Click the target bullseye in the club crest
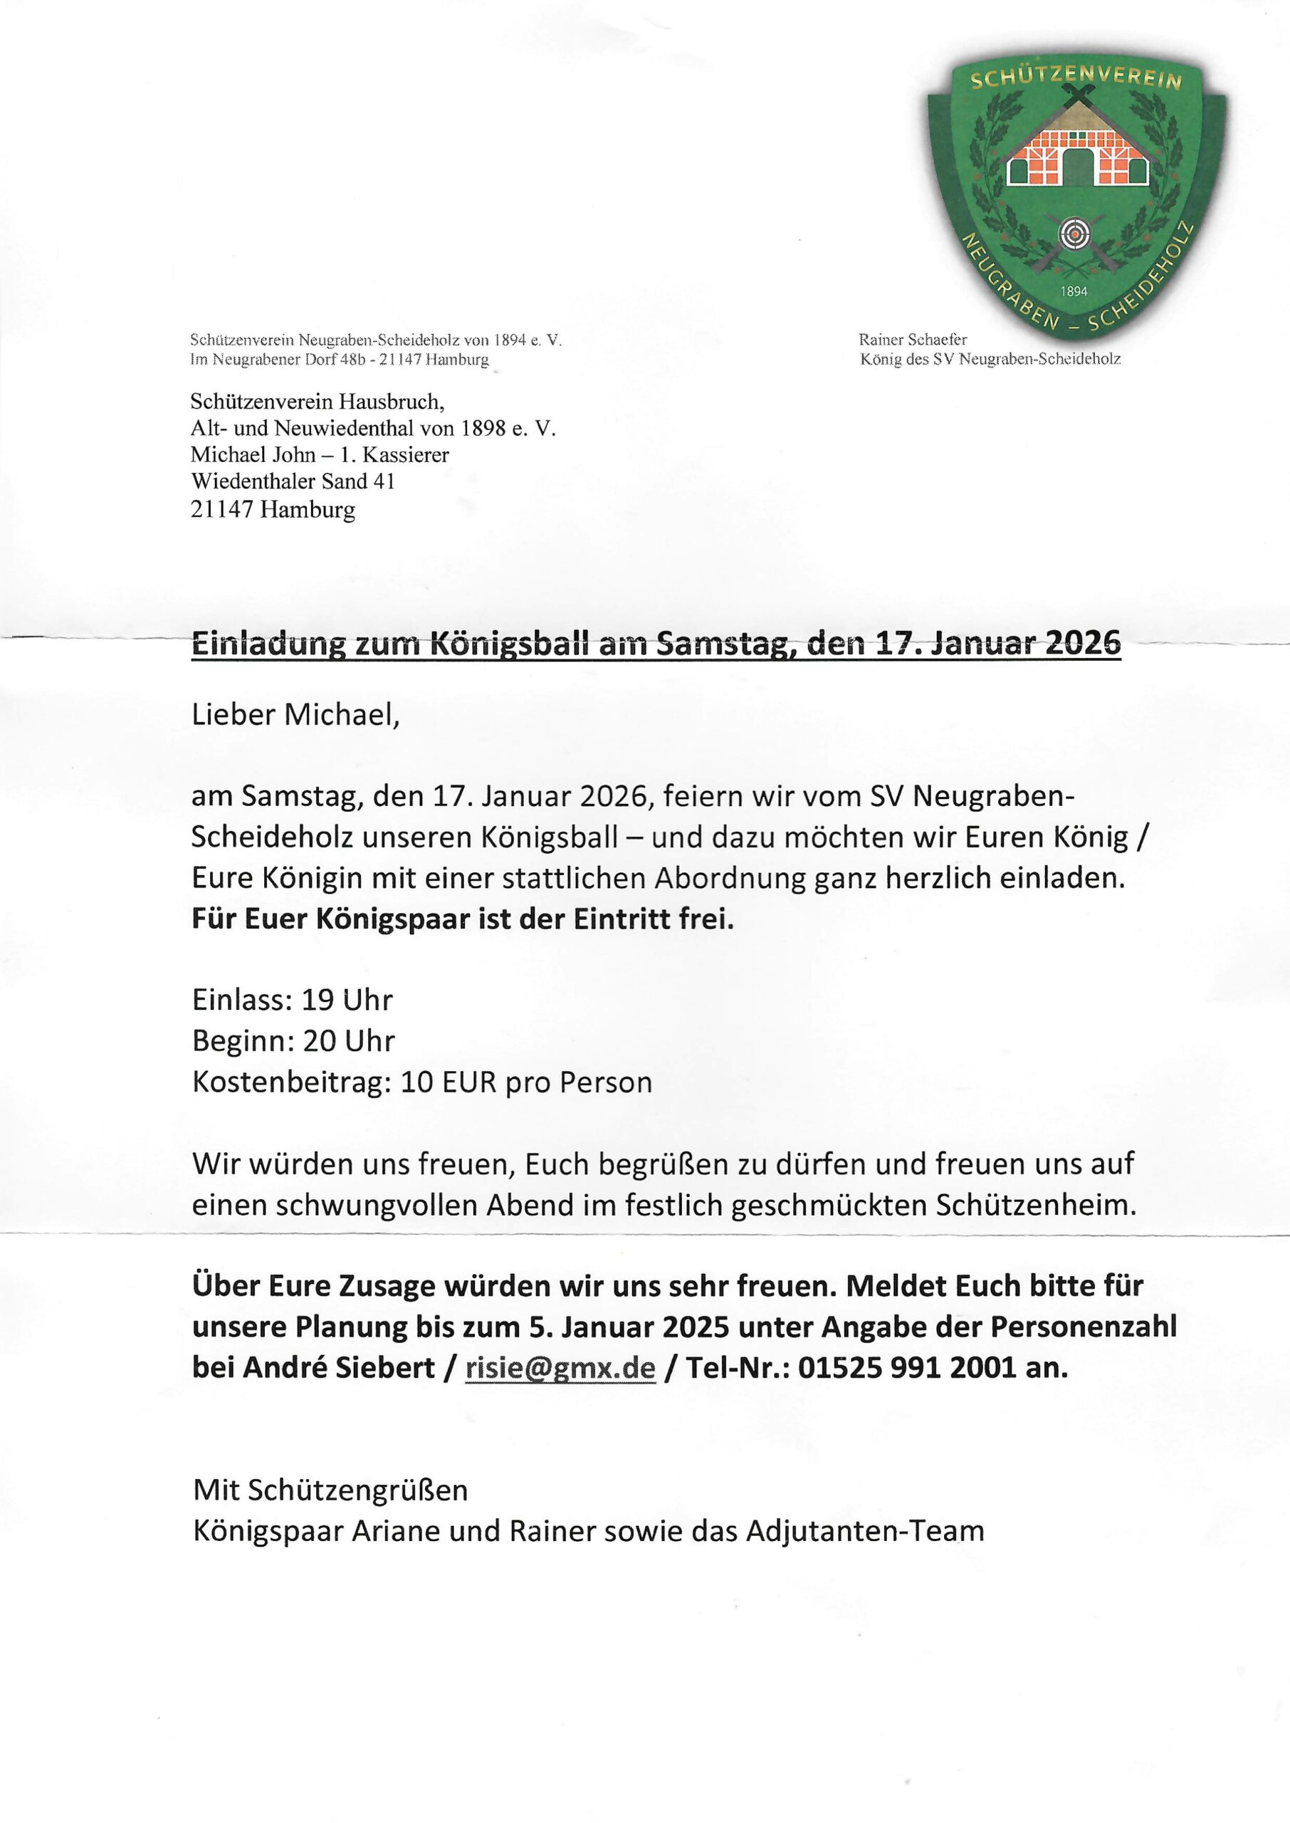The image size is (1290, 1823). point(1074,234)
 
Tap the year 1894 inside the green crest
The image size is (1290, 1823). point(1074,291)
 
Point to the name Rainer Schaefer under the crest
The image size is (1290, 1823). point(913,339)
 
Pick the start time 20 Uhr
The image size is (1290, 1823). point(349,1041)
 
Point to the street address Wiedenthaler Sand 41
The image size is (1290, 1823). point(293,481)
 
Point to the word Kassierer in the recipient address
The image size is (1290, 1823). point(406,455)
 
